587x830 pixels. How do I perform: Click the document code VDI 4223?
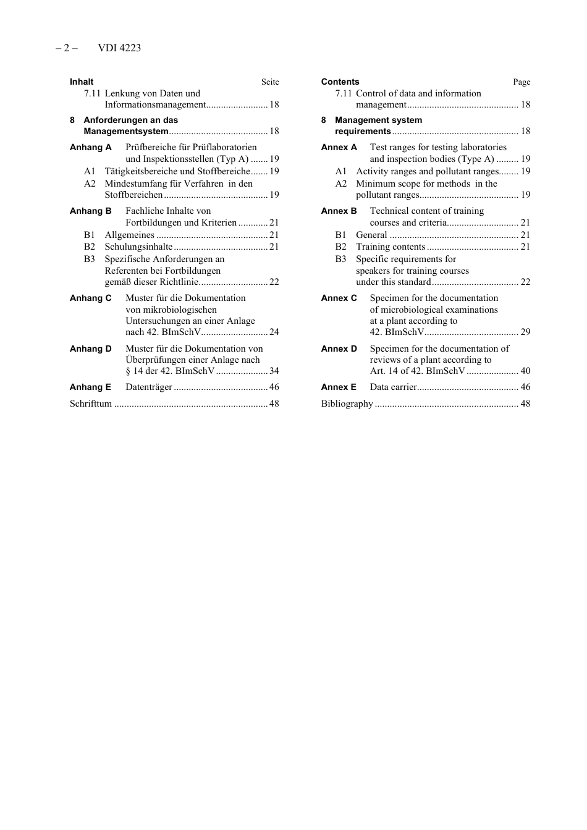(x=119, y=48)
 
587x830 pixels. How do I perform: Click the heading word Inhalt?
(x=82, y=82)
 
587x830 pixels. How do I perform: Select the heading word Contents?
(x=340, y=82)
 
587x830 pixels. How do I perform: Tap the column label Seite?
(x=270, y=82)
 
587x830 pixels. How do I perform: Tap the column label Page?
(x=522, y=82)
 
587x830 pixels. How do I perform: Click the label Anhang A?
(x=91, y=147)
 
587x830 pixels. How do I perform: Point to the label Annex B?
(x=339, y=211)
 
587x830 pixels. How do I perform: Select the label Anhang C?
(x=91, y=298)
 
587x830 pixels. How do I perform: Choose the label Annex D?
(x=339, y=349)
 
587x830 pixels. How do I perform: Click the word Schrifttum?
(x=91, y=404)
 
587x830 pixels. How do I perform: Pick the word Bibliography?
(x=347, y=404)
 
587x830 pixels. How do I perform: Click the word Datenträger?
(x=149, y=387)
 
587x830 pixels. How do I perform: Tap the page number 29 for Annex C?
(x=525, y=332)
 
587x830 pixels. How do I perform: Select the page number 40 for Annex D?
(x=525, y=371)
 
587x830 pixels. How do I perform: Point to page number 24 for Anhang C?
(x=274, y=332)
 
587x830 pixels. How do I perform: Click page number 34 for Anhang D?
(x=274, y=371)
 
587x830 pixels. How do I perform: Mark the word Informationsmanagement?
(x=155, y=104)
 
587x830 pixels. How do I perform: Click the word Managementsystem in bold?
(x=126, y=131)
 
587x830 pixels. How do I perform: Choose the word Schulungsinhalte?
(x=138, y=247)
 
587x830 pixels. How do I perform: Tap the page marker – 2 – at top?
(x=67, y=48)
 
